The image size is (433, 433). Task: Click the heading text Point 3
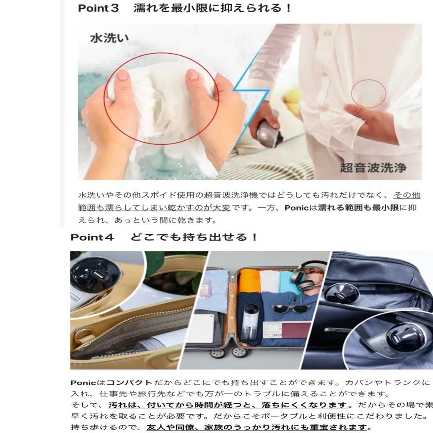(x=99, y=8)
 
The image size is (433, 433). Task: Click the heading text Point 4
(x=93, y=237)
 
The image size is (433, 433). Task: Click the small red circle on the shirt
(x=368, y=93)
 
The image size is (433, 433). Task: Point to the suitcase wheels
(x=229, y=352)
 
